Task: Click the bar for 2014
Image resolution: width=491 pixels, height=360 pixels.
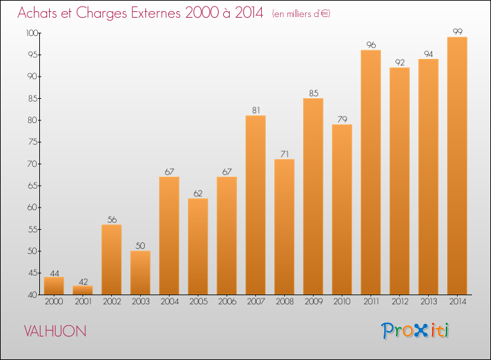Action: (457, 166)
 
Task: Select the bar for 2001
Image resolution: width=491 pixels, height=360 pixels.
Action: (82, 290)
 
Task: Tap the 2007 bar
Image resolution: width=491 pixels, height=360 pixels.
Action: (255, 205)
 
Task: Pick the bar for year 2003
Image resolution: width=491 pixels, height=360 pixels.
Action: (140, 273)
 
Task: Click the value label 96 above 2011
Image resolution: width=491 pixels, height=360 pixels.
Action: (371, 45)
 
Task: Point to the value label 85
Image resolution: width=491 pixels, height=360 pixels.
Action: (314, 94)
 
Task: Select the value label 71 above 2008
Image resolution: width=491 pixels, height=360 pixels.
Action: (284, 154)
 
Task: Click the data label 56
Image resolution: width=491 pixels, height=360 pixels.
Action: (112, 220)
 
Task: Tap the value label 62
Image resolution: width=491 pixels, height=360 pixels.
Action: (198, 194)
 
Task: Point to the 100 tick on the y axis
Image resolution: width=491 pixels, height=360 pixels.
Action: (32, 33)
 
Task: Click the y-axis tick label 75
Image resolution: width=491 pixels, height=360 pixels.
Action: (33, 142)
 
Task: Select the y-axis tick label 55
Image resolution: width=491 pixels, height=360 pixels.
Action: (33, 230)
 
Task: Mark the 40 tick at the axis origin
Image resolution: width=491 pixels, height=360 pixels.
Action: (33, 295)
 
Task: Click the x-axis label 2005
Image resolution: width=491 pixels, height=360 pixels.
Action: (198, 302)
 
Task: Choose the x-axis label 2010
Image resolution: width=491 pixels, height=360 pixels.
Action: (342, 302)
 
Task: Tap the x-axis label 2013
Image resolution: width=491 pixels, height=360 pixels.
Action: (428, 302)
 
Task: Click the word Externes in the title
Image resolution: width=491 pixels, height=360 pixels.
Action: (156, 13)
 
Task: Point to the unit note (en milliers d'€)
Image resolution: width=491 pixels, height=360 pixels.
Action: (301, 14)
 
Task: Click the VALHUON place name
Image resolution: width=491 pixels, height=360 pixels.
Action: (55, 331)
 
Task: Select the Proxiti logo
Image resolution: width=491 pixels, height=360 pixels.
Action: (415, 331)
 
